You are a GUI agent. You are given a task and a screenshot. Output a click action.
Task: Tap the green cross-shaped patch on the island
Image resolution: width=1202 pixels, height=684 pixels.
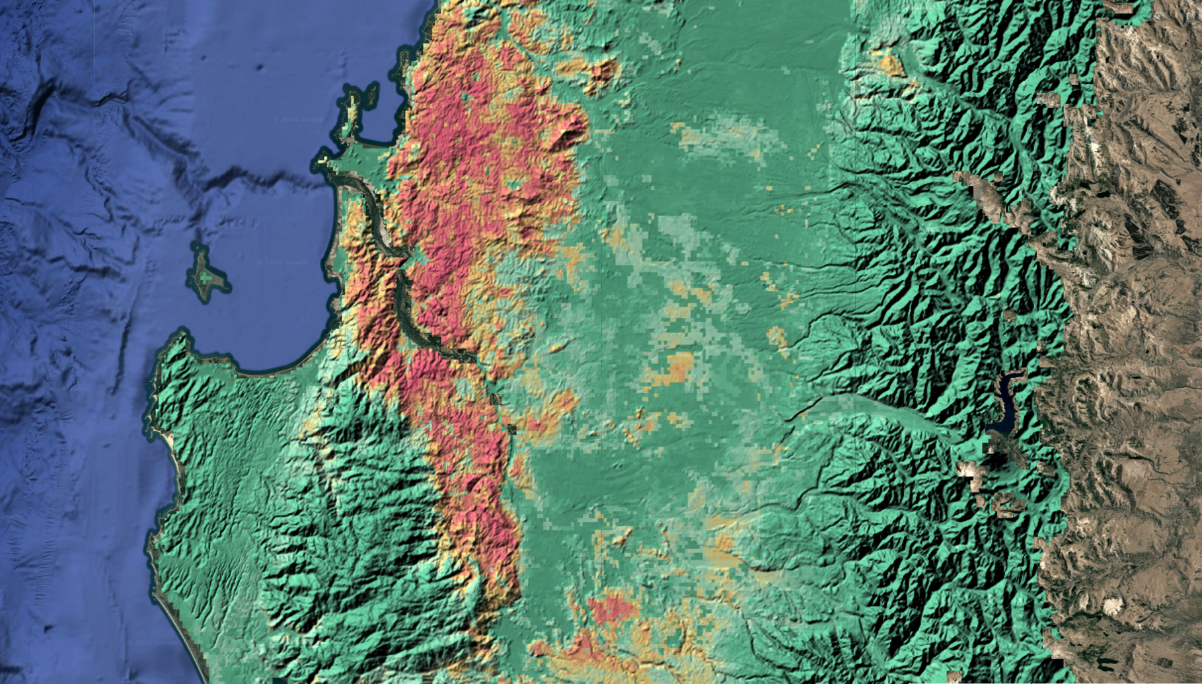pyautogui.click(x=210, y=279)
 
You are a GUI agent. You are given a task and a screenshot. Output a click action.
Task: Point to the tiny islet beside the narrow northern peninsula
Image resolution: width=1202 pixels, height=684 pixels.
pyautogui.click(x=371, y=95)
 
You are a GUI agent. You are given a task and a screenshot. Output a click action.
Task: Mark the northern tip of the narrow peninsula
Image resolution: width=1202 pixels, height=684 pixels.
pyautogui.click(x=353, y=97)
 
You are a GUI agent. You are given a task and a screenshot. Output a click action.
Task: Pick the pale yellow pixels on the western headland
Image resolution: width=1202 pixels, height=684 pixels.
pyautogui.click(x=322, y=159)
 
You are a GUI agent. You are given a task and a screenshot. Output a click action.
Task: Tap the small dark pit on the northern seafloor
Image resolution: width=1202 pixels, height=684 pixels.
pyautogui.click(x=260, y=67)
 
